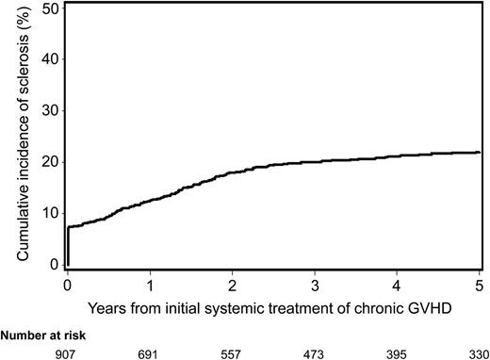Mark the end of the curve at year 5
(x=479, y=153)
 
